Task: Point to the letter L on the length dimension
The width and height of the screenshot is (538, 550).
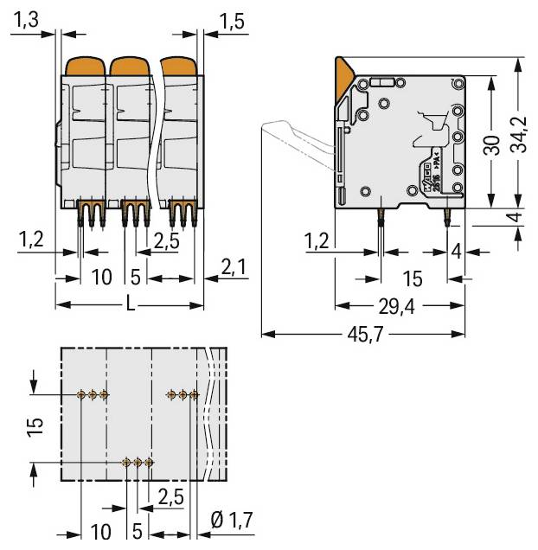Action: tap(130, 304)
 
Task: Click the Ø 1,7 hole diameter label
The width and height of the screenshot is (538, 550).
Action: tap(231, 519)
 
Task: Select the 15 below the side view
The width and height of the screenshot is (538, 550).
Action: tap(413, 278)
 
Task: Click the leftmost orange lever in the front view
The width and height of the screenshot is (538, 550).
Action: tap(85, 65)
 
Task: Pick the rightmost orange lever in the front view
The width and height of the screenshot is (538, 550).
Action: tap(177, 65)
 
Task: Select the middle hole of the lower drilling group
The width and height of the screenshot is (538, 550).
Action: tap(138, 463)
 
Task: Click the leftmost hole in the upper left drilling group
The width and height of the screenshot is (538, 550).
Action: tap(81, 394)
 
